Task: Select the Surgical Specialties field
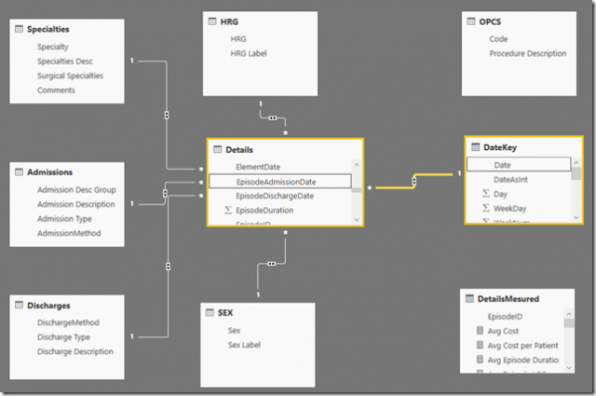tap(70, 75)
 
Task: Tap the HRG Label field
tap(248, 54)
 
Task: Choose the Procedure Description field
tap(527, 54)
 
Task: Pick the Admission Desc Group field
tap(76, 189)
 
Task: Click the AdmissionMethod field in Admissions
tap(69, 233)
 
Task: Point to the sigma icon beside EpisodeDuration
tap(228, 211)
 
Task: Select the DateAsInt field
tap(513, 179)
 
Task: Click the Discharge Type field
tap(63, 337)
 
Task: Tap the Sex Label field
tap(244, 345)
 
